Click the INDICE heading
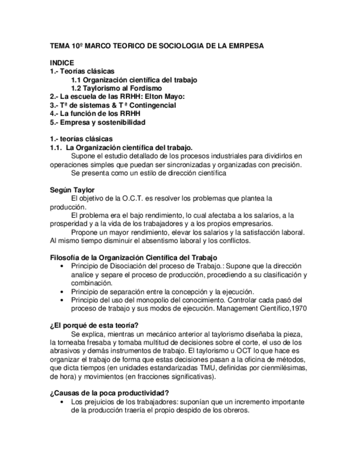tap(62, 63)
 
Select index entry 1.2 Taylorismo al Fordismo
tap(117, 88)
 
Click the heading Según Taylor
tap(72, 190)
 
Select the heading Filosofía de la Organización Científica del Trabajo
tap(133, 258)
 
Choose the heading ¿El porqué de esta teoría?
tap(94, 325)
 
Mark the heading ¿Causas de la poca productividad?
tap(109, 393)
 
